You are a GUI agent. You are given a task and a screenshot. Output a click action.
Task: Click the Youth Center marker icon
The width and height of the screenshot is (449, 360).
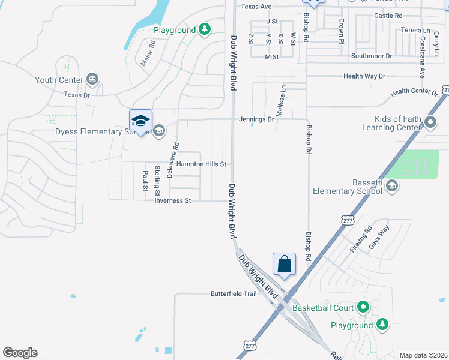(92, 79)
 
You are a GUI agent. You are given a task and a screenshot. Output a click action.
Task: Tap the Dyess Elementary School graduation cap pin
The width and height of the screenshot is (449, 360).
(140, 121)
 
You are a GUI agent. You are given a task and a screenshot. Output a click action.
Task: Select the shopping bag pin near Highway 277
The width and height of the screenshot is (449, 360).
(285, 264)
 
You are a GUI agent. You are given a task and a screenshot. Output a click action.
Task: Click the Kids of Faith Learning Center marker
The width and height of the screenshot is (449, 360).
(430, 123)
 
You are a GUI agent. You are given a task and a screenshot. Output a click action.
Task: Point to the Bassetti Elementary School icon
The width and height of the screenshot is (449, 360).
(391, 186)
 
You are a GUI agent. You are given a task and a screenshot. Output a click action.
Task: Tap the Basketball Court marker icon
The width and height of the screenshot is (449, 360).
(363, 308)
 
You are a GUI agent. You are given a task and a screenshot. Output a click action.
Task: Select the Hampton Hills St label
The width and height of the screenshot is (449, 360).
(200, 164)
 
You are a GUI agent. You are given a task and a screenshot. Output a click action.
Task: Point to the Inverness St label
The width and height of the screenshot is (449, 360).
(172, 200)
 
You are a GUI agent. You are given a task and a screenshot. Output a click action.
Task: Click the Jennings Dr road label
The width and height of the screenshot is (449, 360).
(256, 119)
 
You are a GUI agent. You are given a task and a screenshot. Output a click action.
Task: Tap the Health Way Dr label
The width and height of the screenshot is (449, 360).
(364, 76)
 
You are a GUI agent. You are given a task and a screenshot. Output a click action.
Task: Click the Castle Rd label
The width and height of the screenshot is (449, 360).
(388, 16)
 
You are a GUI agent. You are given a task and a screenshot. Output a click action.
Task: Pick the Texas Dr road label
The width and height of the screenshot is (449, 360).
(77, 95)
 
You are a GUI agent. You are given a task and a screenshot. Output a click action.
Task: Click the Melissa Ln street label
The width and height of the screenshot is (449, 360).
(280, 96)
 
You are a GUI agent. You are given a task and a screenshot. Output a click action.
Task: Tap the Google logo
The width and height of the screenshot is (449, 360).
(20, 353)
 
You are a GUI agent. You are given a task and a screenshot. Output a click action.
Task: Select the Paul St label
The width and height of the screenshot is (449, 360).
(145, 180)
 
